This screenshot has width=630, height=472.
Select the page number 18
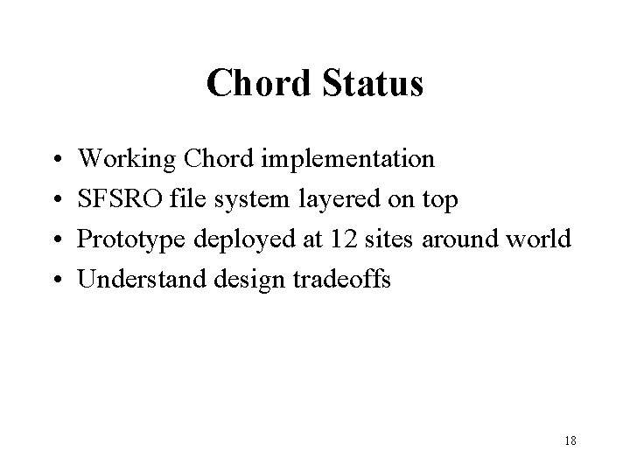[x=570, y=441]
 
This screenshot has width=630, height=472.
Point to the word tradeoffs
[x=347, y=279]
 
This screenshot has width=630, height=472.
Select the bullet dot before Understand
[x=57, y=281]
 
